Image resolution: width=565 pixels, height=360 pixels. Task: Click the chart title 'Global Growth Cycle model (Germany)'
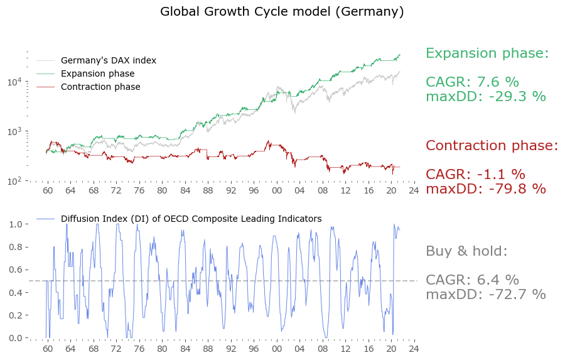[x=282, y=12]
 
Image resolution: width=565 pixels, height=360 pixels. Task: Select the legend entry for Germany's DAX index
[x=108, y=61]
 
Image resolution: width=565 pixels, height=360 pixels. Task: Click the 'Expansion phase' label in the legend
[x=97, y=74]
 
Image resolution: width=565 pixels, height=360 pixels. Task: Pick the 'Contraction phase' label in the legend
[x=100, y=87]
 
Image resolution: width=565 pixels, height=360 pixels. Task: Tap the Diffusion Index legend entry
[x=191, y=219]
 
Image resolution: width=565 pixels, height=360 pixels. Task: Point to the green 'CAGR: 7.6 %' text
[x=472, y=82]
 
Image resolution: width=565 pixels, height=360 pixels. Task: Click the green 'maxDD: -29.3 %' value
[x=485, y=97]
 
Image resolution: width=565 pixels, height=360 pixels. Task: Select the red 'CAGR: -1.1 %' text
[x=475, y=175]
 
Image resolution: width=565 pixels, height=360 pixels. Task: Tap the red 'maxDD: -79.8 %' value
[x=485, y=189]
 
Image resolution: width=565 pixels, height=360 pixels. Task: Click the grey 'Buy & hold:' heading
[x=466, y=251]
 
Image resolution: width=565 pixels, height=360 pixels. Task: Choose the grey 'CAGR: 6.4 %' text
[x=472, y=280]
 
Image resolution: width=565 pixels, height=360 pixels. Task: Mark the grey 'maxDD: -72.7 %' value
[x=485, y=295]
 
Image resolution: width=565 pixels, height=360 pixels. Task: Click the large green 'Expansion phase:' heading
[x=487, y=53]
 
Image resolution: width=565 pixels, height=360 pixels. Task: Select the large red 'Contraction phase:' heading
[x=492, y=146]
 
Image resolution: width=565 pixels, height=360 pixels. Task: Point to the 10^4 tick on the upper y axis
[x=14, y=82]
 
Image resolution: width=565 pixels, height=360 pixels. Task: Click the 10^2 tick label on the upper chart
[x=14, y=181]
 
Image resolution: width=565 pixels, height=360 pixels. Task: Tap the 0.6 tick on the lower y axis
[x=16, y=270]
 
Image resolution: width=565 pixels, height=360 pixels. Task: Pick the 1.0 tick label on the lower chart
[x=16, y=224]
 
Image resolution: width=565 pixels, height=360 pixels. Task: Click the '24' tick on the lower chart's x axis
[x=413, y=349]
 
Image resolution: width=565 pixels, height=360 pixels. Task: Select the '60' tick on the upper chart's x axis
[x=48, y=190]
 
